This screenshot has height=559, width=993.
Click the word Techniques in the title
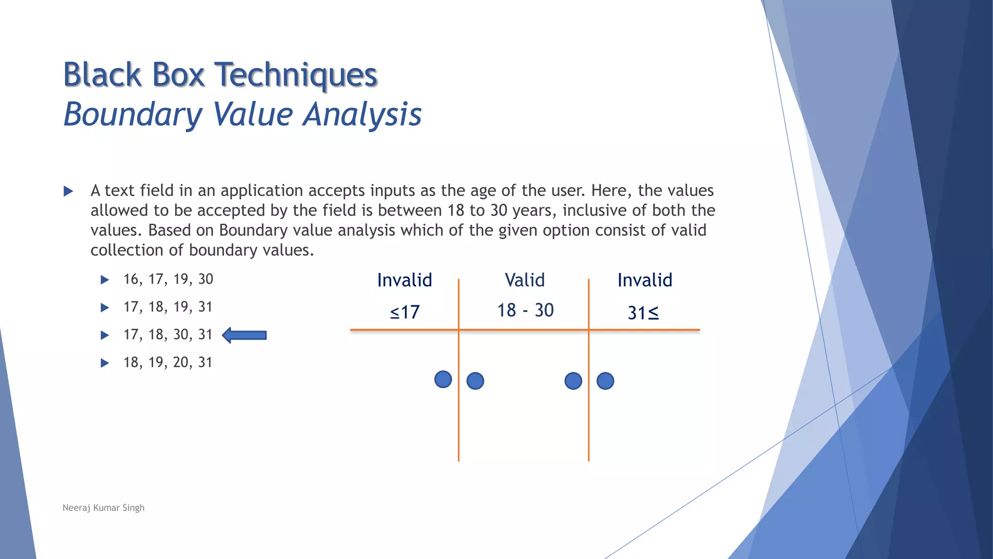pyautogui.click(x=295, y=75)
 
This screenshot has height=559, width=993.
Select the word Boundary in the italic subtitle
pyautogui.click(x=133, y=115)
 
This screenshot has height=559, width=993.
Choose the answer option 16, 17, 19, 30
pyautogui.click(x=168, y=279)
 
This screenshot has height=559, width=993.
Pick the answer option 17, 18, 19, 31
pyautogui.click(x=168, y=307)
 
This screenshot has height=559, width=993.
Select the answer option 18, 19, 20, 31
pyautogui.click(x=168, y=362)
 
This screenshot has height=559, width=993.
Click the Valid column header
pyautogui.click(x=525, y=280)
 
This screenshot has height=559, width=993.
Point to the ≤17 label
pyautogui.click(x=405, y=312)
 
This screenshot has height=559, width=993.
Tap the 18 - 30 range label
pyautogui.click(x=525, y=310)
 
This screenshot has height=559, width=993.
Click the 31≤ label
pyautogui.click(x=643, y=313)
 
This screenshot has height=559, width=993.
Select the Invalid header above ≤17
pyautogui.click(x=404, y=280)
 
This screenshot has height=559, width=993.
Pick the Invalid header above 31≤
pyautogui.click(x=644, y=280)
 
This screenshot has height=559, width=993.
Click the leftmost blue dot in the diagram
pyautogui.click(x=443, y=379)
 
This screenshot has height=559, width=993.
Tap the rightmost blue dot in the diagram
pyautogui.click(x=605, y=381)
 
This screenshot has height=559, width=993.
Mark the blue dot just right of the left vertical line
pyautogui.click(x=475, y=381)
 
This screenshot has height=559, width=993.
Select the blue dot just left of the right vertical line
pyautogui.click(x=573, y=381)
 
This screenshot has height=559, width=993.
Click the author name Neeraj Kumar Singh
pyautogui.click(x=103, y=508)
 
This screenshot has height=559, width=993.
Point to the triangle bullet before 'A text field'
pyautogui.click(x=68, y=191)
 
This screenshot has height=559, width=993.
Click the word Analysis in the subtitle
pyautogui.click(x=362, y=115)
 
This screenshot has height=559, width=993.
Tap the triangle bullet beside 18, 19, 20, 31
pyautogui.click(x=104, y=363)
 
